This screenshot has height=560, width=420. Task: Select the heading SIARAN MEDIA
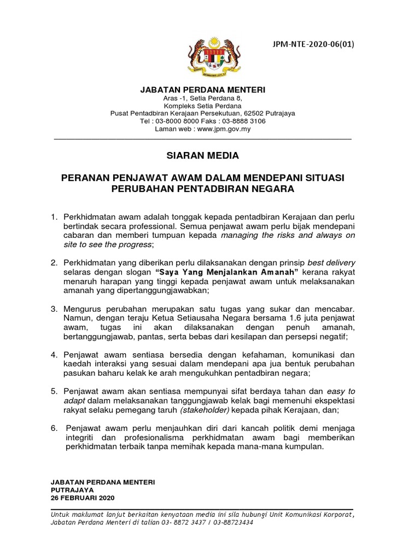(202, 156)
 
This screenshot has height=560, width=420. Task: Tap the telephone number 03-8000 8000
(178, 121)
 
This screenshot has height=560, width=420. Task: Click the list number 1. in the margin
(54, 218)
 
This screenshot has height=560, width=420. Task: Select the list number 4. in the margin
(54, 354)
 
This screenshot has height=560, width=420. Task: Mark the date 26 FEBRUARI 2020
(83, 498)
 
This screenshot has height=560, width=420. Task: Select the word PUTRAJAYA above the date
(72, 490)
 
